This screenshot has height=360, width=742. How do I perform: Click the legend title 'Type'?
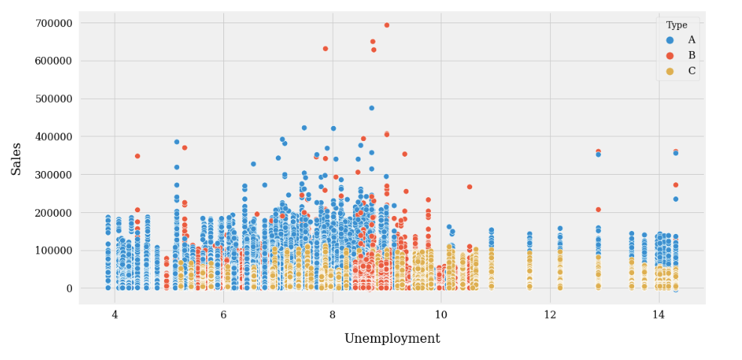click(x=677, y=25)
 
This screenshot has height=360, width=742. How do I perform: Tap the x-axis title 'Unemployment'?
click(x=392, y=339)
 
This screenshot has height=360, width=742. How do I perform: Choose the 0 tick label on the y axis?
click(x=68, y=289)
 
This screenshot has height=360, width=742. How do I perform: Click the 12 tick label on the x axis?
click(x=549, y=316)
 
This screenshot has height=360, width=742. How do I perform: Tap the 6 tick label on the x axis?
click(x=223, y=316)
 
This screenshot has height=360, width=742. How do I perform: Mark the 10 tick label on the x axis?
click(x=441, y=316)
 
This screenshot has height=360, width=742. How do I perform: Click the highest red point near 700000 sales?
click(x=387, y=25)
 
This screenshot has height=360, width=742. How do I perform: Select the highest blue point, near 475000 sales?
click(x=372, y=108)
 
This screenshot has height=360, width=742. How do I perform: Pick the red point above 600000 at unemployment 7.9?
click(x=325, y=49)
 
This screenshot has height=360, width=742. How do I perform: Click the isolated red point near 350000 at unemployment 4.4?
click(x=138, y=156)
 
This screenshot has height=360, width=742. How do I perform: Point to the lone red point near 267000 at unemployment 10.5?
click(x=470, y=187)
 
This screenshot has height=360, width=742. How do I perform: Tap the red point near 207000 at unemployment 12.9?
click(x=598, y=210)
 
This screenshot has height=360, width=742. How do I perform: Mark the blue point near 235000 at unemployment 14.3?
click(x=675, y=199)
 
